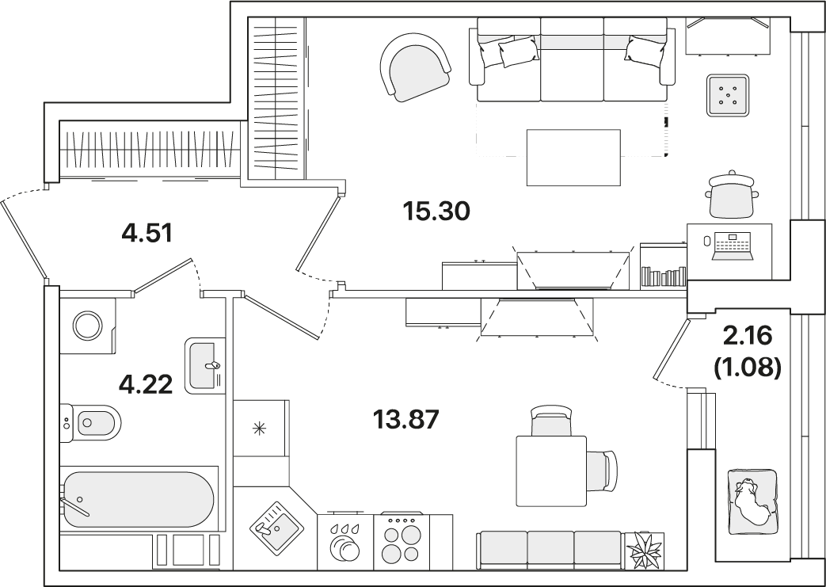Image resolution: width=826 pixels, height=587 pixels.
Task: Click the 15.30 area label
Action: (x=436, y=212)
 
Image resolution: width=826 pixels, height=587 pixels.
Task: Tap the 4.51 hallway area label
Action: (x=147, y=234)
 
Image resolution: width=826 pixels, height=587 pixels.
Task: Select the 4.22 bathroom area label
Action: (x=146, y=385)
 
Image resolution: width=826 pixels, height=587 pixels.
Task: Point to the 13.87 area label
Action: (x=405, y=420)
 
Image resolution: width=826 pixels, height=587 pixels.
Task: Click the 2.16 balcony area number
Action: (x=748, y=336)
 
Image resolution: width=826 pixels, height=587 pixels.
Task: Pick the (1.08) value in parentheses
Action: (x=747, y=367)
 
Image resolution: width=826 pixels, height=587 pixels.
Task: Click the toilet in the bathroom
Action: (x=90, y=422)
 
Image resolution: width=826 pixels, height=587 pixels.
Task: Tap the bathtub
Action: (x=139, y=499)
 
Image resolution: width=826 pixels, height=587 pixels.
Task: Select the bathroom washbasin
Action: (x=203, y=366)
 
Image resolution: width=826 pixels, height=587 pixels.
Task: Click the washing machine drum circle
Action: (x=88, y=326)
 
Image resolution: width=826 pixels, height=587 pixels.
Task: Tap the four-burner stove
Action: (x=402, y=539)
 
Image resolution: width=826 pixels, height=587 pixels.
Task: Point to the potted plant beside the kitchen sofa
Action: (x=645, y=550)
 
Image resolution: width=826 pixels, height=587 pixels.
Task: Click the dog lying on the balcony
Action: (x=752, y=501)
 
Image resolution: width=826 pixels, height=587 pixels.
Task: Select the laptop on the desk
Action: (x=733, y=246)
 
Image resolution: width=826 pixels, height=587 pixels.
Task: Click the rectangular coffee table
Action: (x=573, y=158)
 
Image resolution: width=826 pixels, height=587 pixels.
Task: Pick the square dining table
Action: (x=551, y=471)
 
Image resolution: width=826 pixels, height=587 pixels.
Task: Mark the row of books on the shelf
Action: (x=664, y=276)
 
